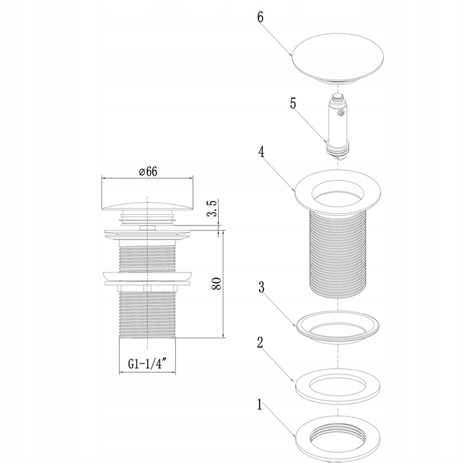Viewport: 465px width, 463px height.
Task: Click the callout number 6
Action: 260,17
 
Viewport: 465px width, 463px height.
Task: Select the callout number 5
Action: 293,103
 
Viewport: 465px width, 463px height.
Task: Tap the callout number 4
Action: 262,152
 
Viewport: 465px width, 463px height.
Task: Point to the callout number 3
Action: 262,287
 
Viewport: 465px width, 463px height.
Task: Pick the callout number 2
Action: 260,343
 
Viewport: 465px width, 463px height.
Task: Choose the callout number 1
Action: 260,405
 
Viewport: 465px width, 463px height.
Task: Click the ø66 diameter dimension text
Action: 148,171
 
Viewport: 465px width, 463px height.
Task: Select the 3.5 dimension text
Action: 213,208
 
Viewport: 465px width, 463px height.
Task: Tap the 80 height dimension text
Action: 217,284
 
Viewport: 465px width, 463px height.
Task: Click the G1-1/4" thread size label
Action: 148,364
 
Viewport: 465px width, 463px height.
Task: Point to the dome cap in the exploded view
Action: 338,59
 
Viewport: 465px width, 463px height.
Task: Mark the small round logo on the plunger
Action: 341,113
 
